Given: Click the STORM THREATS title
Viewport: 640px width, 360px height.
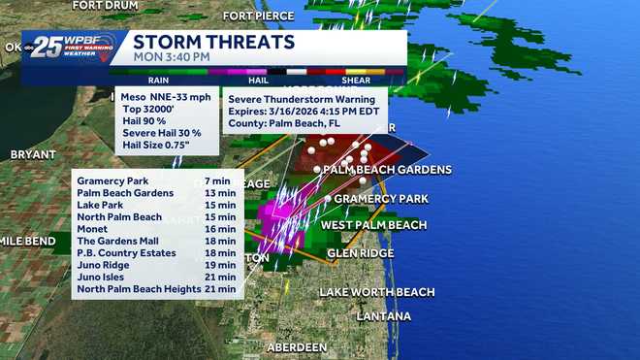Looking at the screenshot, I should click(x=213, y=42).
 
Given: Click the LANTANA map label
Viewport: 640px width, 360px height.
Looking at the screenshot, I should click(x=383, y=316).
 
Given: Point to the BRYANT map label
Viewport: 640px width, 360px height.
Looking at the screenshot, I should click(x=34, y=154).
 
